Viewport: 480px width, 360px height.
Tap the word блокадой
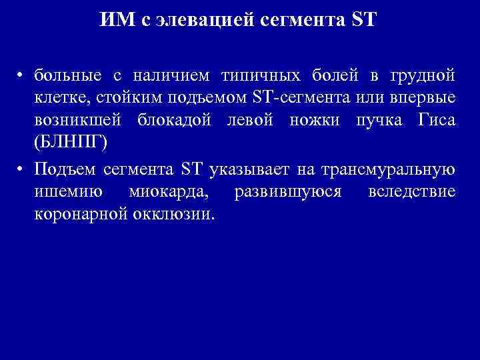pyautogui.click(x=182, y=121)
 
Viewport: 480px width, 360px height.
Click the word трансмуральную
pyautogui.click(x=389, y=169)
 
